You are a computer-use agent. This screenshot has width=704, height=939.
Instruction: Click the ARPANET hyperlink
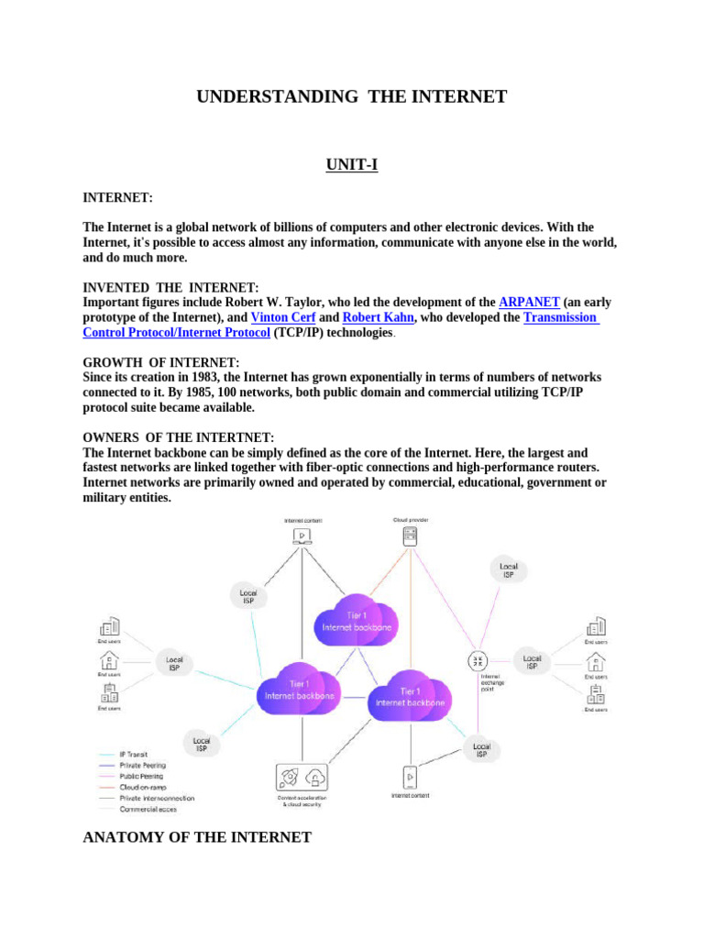(529, 302)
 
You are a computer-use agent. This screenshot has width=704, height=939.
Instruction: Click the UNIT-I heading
(352, 165)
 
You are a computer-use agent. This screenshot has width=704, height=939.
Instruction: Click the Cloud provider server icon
(410, 536)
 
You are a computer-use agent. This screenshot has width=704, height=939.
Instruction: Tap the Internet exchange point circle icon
(478, 661)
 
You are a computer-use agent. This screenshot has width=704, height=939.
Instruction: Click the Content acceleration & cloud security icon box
(302, 779)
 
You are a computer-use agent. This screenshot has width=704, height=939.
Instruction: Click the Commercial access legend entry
(148, 810)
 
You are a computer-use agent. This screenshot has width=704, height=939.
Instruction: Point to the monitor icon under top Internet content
(302, 536)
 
